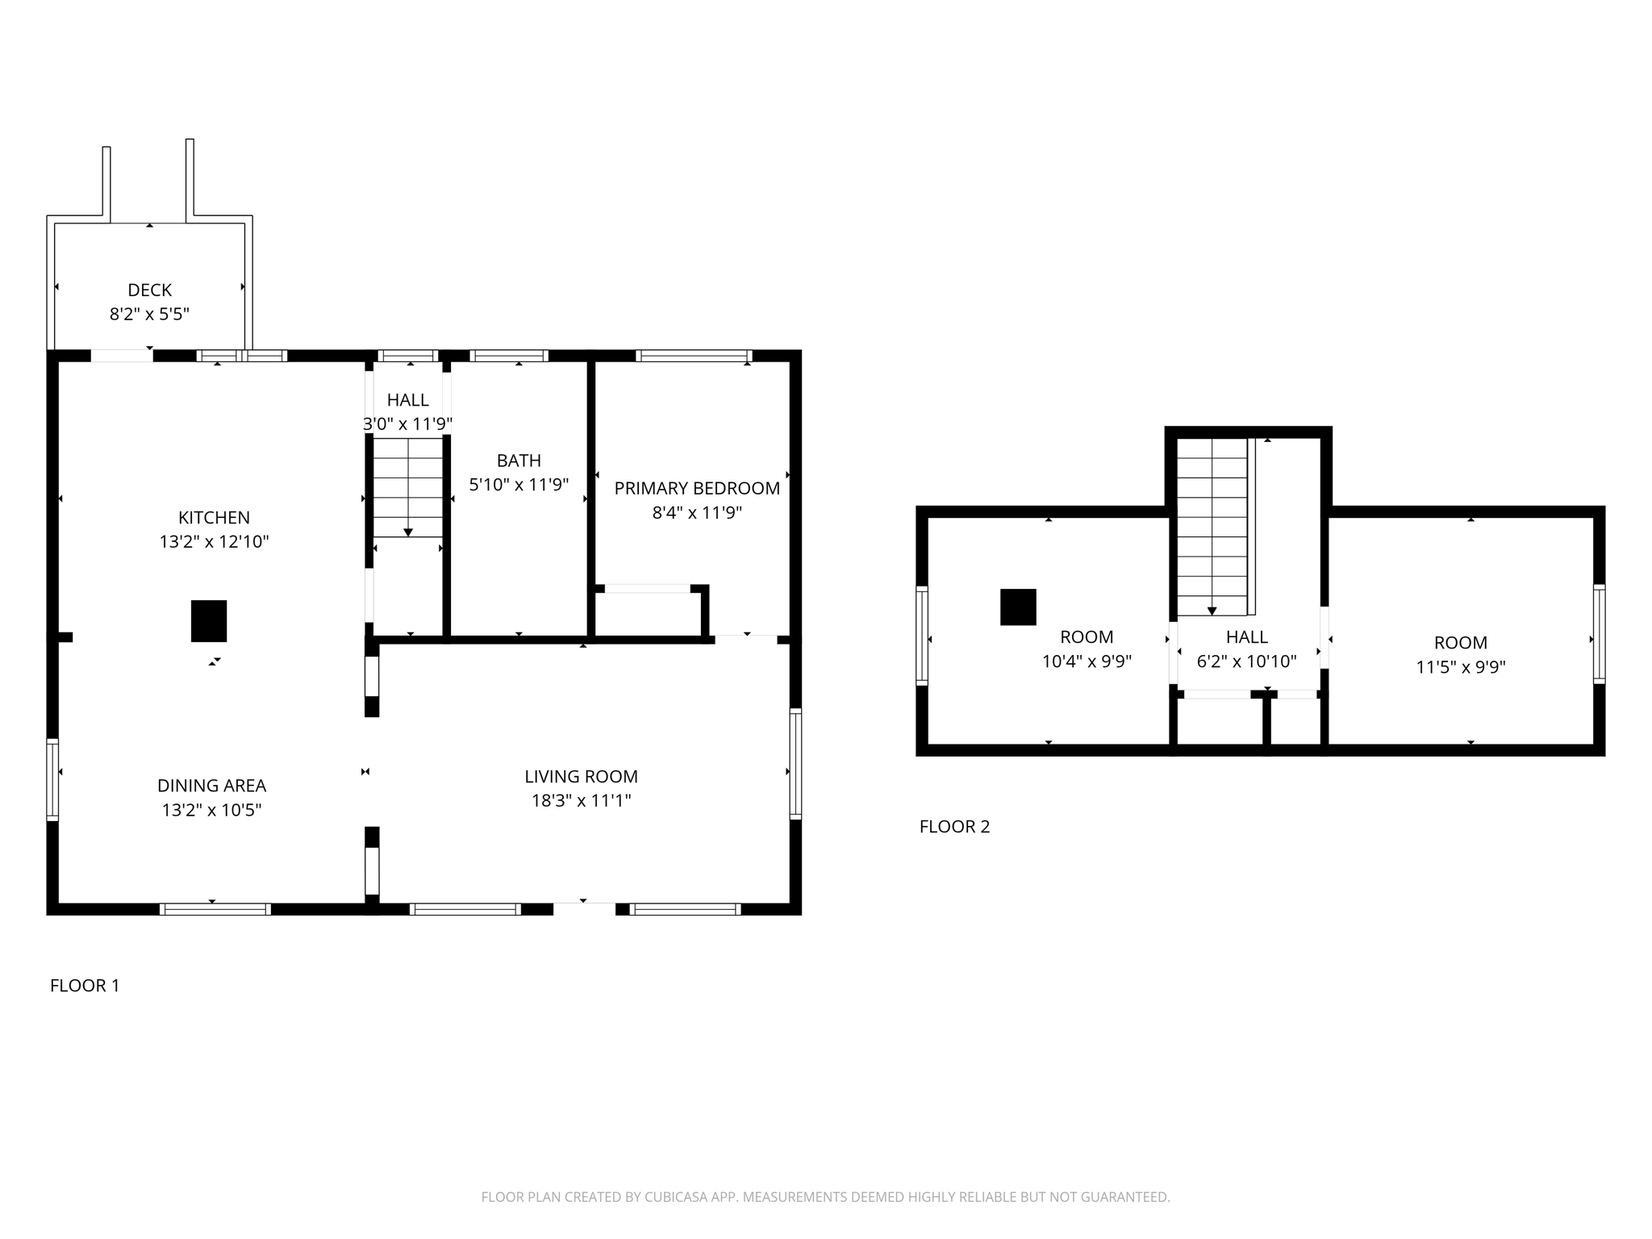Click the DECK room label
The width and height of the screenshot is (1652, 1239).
point(149,290)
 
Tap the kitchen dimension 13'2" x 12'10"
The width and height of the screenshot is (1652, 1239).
point(214,541)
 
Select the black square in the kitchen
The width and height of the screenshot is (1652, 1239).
point(209,621)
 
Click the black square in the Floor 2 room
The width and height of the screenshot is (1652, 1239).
point(1018,607)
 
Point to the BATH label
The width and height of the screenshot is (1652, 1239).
point(519,461)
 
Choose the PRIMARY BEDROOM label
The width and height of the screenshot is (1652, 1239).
point(697,488)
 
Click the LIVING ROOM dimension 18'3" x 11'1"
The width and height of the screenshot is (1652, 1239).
point(581,800)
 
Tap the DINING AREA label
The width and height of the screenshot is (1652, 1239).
point(211,786)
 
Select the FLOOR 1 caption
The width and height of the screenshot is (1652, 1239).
point(85,985)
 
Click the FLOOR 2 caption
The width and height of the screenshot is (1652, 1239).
point(954,826)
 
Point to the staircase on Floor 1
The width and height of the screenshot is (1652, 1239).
point(408,487)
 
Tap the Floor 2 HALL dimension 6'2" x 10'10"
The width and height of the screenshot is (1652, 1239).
point(1246,661)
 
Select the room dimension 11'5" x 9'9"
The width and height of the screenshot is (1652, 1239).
point(1461,667)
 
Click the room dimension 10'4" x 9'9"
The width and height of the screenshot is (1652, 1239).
point(1087,661)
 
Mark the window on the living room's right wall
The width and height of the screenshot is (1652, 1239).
point(795,763)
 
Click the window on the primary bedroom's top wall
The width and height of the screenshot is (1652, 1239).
point(694,356)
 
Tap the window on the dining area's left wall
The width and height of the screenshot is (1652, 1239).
point(52,779)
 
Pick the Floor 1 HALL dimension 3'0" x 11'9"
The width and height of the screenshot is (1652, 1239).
point(407,423)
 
